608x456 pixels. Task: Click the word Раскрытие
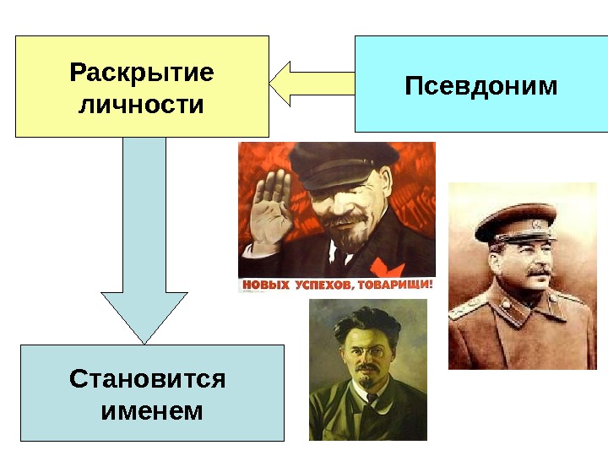click(x=142, y=73)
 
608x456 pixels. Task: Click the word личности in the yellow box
click(x=142, y=106)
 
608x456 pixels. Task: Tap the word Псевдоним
click(x=480, y=85)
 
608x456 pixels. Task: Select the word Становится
click(x=148, y=378)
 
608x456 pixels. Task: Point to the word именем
click(x=152, y=411)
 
